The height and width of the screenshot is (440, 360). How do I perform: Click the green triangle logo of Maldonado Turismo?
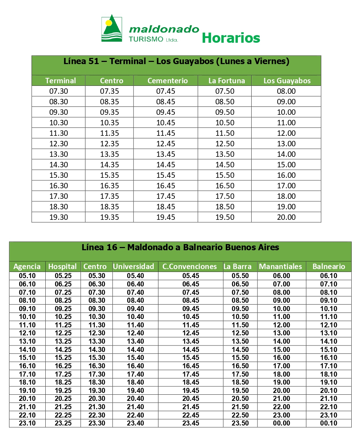[111, 29]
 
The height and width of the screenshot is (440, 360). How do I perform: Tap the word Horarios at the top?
[231, 38]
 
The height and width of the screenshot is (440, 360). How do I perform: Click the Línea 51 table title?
[176, 61]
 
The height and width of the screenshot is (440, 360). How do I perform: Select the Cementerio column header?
[167, 81]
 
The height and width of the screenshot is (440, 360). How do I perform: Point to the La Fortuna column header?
[227, 81]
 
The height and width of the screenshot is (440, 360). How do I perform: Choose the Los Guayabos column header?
[287, 81]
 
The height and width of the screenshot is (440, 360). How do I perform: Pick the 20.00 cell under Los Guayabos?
[286, 217]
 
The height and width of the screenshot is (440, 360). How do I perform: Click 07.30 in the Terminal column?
[59, 91]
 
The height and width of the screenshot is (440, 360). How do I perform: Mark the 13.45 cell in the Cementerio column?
[166, 154]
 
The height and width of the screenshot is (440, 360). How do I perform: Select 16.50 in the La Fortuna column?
[225, 186]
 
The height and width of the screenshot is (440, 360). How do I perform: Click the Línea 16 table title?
[180, 248]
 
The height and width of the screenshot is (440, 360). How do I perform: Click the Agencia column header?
[27, 267]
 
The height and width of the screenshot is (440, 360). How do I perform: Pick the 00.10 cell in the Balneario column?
[328, 423]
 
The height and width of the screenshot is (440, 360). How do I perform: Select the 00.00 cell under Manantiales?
[282, 423]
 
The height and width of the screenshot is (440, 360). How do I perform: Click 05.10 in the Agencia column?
[27, 276]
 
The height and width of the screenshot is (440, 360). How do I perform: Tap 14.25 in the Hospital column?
[63, 350]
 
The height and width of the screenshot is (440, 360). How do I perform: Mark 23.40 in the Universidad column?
[135, 423]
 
